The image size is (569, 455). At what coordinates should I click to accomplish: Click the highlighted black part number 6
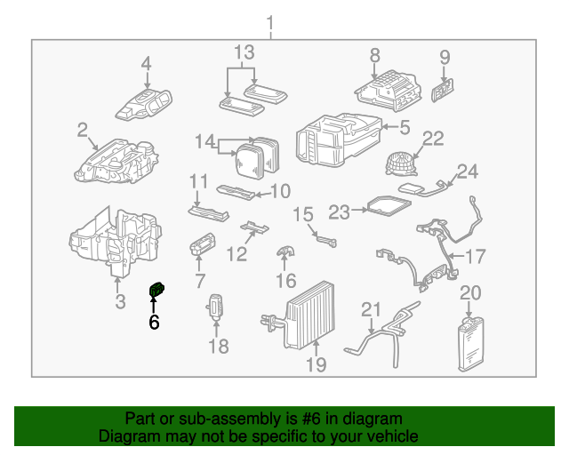click(x=156, y=289)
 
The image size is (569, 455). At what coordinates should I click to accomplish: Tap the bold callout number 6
click(x=154, y=323)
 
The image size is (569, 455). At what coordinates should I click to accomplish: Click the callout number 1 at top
click(x=271, y=22)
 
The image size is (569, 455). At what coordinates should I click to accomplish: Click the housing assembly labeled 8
click(x=385, y=87)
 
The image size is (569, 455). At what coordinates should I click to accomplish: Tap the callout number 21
click(x=370, y=310)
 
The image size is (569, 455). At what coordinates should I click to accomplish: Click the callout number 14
click(x=205, y=140)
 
